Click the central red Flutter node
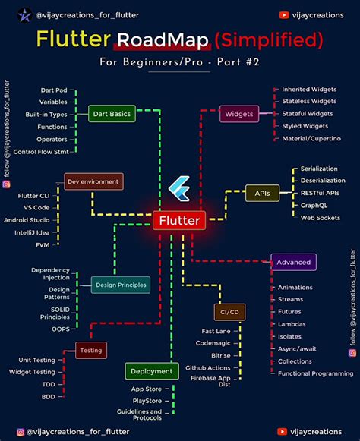click(179, 221)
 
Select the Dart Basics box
click(112, 114)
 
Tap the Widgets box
click(238, 115)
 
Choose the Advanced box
click(293, 262)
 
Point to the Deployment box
click(152, 371)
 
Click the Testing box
click(90, 350)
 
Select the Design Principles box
click(120, 285)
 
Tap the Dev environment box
click(93, 181)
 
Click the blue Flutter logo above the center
click(180, 186)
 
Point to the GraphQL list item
click(315, 205)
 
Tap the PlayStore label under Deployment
click(146, 399)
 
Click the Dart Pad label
click(53, 90)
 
